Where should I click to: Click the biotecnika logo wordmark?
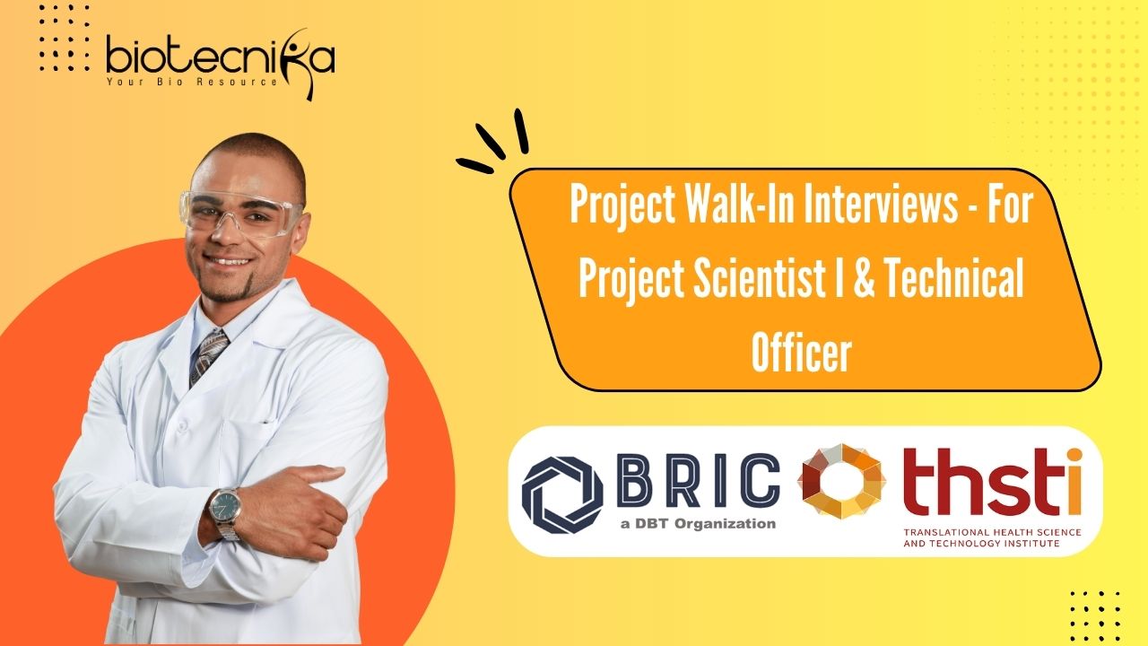coord(221,57)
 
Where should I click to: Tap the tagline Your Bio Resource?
coord(192,82)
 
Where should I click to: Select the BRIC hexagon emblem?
coord(562,495)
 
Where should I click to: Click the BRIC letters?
coord(698,480)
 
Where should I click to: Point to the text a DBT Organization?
coord(698,523)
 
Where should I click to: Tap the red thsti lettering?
coord(993,482)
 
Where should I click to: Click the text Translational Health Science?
coord(992,532)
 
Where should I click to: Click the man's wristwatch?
coord(224,513)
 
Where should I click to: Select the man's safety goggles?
coord(240,213)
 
